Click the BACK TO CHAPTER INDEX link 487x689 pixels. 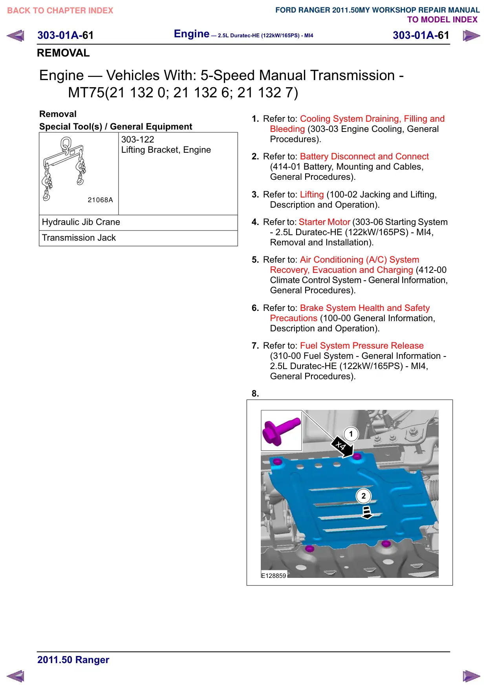tap(60, 11)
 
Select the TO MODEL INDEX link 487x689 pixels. tap(442, 20)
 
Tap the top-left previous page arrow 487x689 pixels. tap(15, 35)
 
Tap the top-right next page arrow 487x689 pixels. tap(471, 36)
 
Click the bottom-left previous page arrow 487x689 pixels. tap(15, 676)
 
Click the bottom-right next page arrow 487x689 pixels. tap(471, 676)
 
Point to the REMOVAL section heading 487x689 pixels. tap(63, 53)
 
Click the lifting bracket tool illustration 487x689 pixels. tap(64, 169)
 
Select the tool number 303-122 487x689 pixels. tap(138, 139)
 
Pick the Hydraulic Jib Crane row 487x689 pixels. tap(138, 223)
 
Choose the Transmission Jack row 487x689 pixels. tap(138, 238)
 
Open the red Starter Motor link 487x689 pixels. tap(324, 222)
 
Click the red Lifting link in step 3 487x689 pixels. tap(312, 194)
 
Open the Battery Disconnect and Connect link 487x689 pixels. tap(364, 156)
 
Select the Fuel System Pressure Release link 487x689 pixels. tap(362, 345)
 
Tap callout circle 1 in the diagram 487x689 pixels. tap(351, 434)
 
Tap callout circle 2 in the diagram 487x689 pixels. tap(364, 496)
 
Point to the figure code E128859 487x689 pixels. tap(274, 576)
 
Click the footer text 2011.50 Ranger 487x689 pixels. tap(73, 660)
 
